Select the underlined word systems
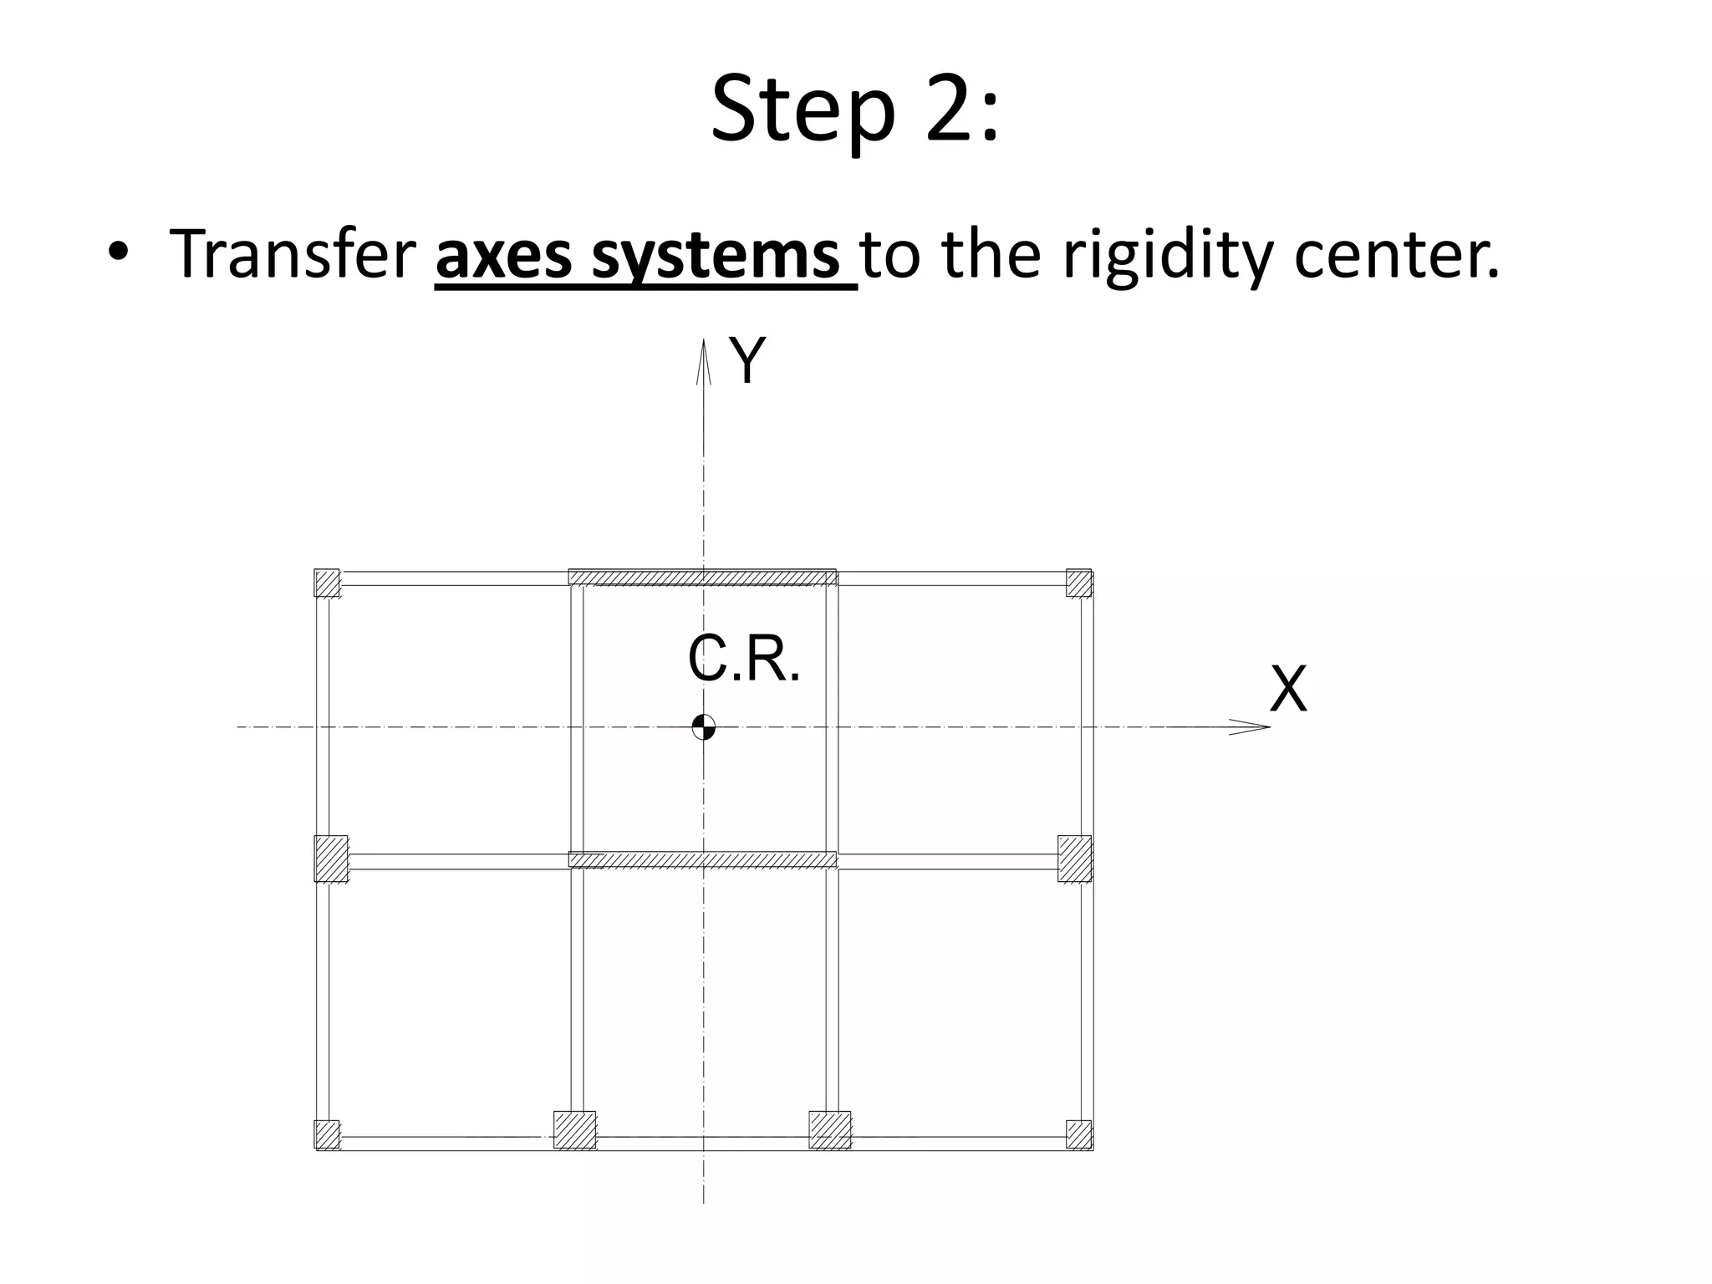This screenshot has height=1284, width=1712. (x=716, y=256)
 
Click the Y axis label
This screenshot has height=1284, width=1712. (x=746, y=361)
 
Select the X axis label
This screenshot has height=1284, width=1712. (x=1288, y=690)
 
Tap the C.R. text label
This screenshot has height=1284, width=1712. (x=743, y=660)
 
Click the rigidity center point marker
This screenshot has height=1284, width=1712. (x=704, y=727)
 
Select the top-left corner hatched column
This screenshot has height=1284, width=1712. (x=327, y=583)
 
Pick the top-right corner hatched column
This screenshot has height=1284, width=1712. (x=1079, y=583)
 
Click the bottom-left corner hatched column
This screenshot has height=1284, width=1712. (x=327, y=1134)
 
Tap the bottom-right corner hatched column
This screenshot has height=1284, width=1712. (x=1079, y=1134)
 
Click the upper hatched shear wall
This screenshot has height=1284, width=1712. (x=702, y=577)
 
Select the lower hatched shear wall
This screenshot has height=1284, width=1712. (x=702, y=859)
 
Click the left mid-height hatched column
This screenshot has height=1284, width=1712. (x=331, y=859)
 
